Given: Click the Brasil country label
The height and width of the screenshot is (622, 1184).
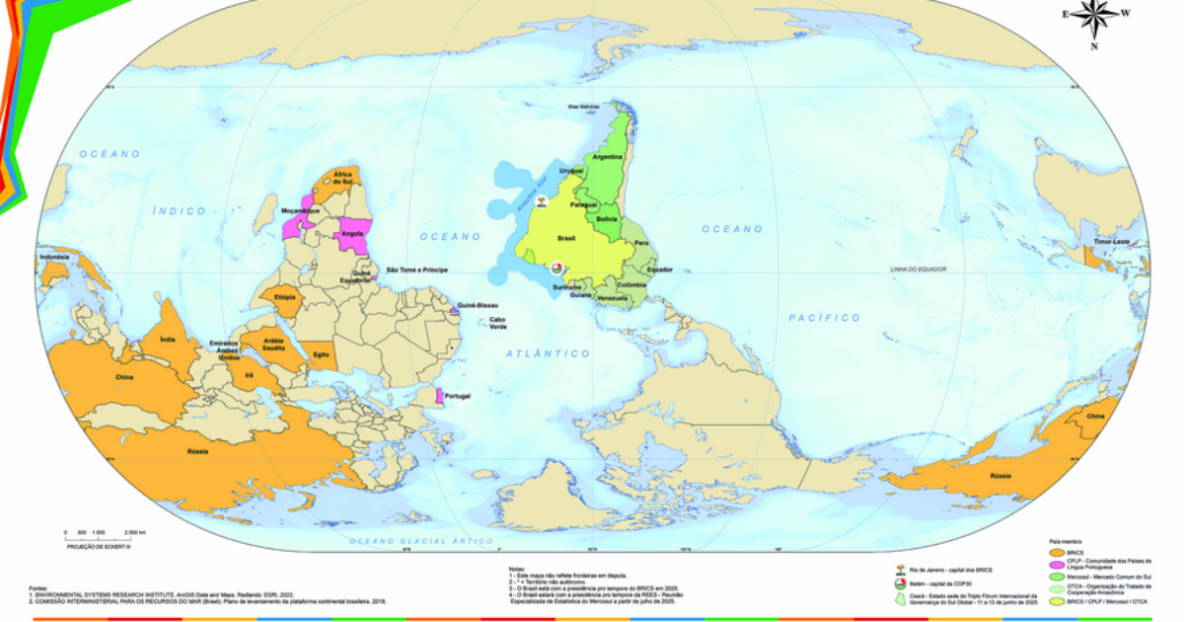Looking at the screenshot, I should (x=566, y=238).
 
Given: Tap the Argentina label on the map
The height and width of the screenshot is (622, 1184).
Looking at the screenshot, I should (x=608, y=157).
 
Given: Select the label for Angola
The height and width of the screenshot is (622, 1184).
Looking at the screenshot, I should (x=349, y=234).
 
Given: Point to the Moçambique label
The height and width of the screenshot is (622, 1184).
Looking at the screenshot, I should (x=300, y=211).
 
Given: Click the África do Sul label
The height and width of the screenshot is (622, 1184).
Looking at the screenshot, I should (x=343, y=178).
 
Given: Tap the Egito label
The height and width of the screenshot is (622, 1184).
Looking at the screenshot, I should (x=321, y=353).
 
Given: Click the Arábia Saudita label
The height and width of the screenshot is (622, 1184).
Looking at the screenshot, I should (x=274, y=344).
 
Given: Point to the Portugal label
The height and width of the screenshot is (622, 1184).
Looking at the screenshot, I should (x=457, y=397).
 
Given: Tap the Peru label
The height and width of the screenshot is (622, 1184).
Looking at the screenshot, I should (x=641, y=243).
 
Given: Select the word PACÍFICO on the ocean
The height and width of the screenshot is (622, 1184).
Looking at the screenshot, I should (x=824, y=318).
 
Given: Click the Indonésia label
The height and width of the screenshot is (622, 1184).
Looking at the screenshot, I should (x=54, y=258).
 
